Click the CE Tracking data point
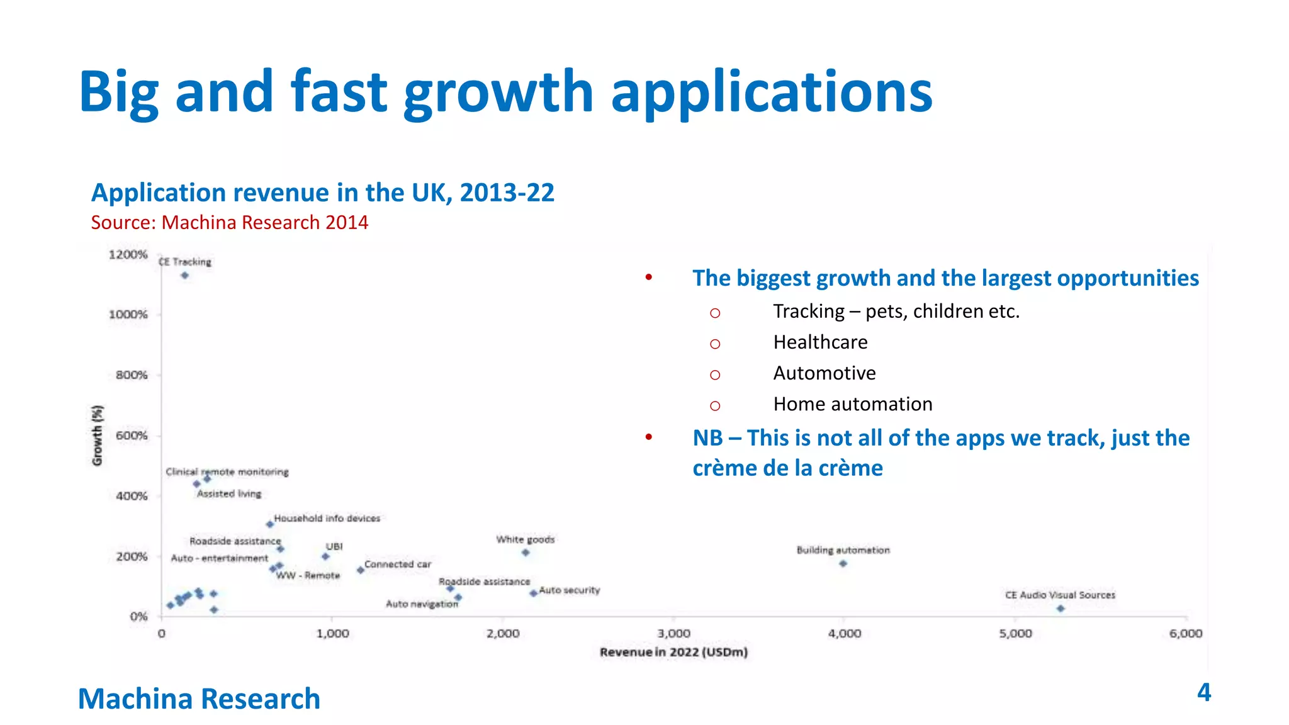point(184,275)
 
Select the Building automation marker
point(843,563)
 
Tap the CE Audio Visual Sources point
point(1061,609)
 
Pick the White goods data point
point(526,553)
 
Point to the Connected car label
point(398,565)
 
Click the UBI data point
point(325,556)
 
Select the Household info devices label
point(327,519)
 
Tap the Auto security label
point(569,590)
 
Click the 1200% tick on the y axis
point(128,254)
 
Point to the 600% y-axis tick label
point(132,436)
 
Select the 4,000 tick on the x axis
point(844,634)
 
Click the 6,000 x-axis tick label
point(1186,634)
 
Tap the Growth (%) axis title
point(97,436)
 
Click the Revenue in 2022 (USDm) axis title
point(673,652)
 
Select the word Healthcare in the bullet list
point(820,342)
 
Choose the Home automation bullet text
point(852,404)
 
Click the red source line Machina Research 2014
point(230,223)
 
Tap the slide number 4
point(1203,692)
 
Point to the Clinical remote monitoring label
point(227,472)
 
